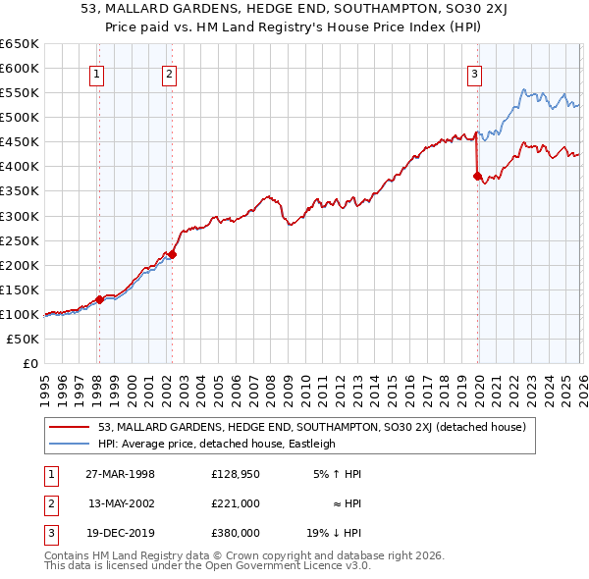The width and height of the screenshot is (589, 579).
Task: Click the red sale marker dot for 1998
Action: tap(99, 299)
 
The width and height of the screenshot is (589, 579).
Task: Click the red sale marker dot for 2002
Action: tap(171, 254)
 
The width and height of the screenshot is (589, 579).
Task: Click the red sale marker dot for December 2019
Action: tap(476, 176)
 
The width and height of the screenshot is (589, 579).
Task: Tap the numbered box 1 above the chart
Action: tap(98, 73)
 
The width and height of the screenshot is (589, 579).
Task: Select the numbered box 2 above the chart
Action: tap(169, 73)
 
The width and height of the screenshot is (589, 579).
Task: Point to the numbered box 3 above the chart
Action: tap(474, 73)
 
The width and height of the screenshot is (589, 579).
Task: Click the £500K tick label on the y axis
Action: tap(20, 117)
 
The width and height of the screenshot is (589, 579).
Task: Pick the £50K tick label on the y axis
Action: tap(24, 339)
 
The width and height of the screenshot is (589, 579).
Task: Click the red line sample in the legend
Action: tap(71, 427)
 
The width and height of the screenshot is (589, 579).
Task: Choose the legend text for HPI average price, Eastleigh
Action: tap(217, 444)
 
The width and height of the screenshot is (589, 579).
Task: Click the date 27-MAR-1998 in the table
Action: tap(121, 474)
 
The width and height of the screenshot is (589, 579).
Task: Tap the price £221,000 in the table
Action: tap(236, 502)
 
